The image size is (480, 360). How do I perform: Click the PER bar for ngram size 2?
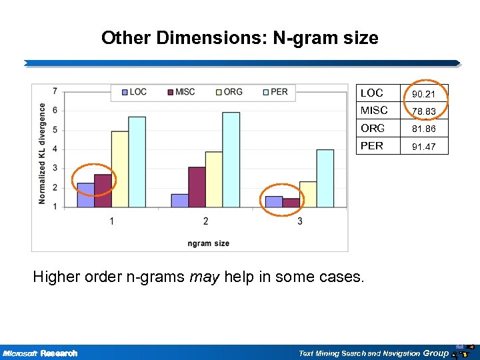click(231, 160)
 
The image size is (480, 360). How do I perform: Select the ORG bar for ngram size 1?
click(120, 169)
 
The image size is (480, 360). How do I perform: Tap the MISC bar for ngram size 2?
click(197, 187)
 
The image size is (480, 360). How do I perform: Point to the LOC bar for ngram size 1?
click(85, 195)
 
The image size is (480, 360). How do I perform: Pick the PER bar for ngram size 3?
click(325, 179)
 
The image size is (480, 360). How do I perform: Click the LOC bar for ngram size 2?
click(180, 201)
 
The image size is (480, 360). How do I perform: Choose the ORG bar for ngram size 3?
click(308, 195)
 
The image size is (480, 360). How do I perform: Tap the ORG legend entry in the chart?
click(228, 92)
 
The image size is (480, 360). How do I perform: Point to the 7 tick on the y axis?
click(54, 91)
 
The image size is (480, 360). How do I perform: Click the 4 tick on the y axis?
click(54, 149)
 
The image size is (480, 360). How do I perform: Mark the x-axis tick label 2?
click(205, 221)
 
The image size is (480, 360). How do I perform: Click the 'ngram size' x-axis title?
click(208, 243)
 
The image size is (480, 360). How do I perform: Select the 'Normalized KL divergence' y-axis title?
click(43, 153)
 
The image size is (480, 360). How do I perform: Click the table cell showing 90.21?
click(424, 94)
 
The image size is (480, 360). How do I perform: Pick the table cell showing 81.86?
click(424, 129)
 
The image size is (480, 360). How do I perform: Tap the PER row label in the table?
click(372, 145)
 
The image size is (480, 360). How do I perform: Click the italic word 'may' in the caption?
click(205, 277)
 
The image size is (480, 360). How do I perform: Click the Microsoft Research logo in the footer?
click(40, 353)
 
